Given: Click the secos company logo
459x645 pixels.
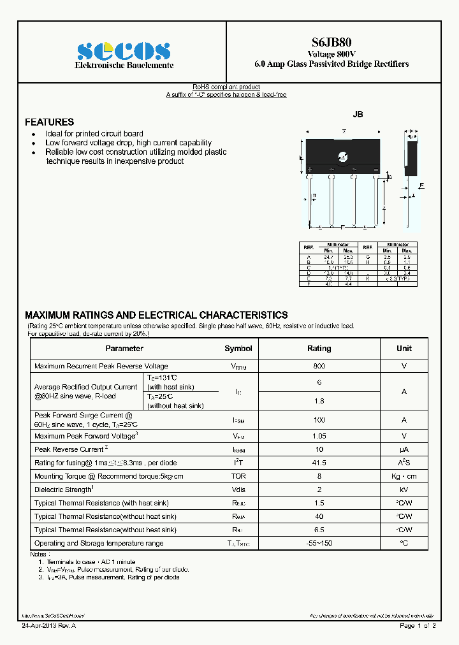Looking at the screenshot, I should [x=123, y=50].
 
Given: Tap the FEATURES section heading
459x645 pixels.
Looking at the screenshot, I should [x=49, y=122].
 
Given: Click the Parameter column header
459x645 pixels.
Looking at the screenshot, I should [x=124, y=349].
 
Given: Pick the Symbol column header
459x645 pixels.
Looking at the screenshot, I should [x=238, y=349].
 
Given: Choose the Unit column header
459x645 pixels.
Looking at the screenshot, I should [x=404, y=349].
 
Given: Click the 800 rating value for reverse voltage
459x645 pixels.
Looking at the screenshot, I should [x=319, y=366].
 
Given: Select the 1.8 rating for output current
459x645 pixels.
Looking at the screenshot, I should [x=319, y=401].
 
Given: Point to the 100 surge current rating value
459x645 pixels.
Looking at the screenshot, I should [x=319, y=420].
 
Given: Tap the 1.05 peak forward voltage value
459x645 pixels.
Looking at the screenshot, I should [x=319, y=436].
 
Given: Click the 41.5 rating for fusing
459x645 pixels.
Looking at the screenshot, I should [x=319, y=463].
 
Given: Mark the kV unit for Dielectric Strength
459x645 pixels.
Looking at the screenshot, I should [x=404, y=489].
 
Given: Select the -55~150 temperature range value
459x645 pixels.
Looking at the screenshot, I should [x=319, y=543].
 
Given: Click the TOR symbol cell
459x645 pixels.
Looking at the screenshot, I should [x=238, y=476].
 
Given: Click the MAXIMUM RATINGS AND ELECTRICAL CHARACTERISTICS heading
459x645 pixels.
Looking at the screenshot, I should [x=156, y=315].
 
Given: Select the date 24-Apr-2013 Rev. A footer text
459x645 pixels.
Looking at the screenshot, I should [x=49, y=626].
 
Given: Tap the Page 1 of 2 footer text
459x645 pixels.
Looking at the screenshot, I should [x=418, y=626].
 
